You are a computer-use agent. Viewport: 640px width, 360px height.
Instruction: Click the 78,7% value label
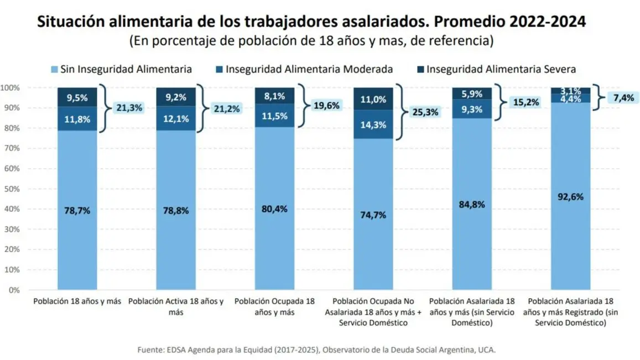click(x=77, y=210)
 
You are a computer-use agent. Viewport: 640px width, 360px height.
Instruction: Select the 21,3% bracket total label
click(x=129, y=108)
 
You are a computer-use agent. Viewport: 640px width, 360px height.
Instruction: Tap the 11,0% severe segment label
click(x=373, y=100)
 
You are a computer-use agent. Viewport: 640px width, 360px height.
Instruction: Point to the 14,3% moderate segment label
click(x=373, y=125)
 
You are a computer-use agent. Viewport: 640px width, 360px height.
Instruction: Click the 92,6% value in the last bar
click(x=570, y=196)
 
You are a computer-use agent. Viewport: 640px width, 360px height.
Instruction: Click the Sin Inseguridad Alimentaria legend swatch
click(x=54, y=70)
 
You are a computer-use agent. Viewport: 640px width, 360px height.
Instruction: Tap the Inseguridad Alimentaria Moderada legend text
click(x=309, y=69)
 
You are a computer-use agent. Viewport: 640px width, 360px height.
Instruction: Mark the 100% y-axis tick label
click(x=9, y=87)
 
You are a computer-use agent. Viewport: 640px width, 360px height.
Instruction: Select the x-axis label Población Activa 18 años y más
click(x=176, y=306)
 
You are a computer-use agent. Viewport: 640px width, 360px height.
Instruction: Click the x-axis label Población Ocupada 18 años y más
click(x=274, y=306)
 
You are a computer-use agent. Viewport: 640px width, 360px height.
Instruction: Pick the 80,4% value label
click(x=274, y=209)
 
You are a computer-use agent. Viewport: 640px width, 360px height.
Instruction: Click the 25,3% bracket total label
click(x=425, y=112)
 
